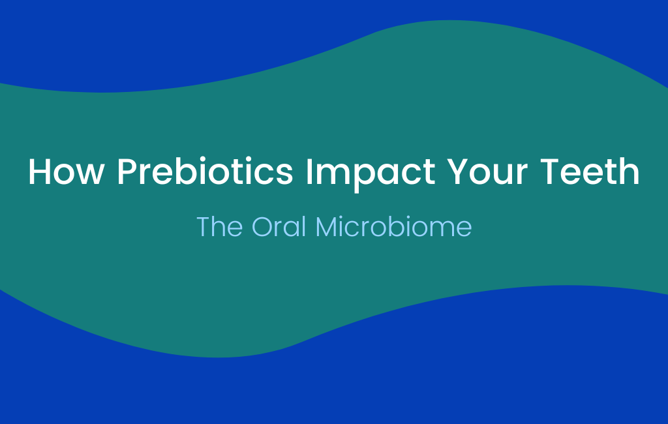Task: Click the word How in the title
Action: (66, 172)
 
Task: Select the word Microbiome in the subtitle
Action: (393, 226)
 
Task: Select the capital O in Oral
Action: (262, 226)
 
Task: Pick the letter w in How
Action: (90, 175)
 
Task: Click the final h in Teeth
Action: (630, 172)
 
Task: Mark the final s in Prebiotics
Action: (286, 175)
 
